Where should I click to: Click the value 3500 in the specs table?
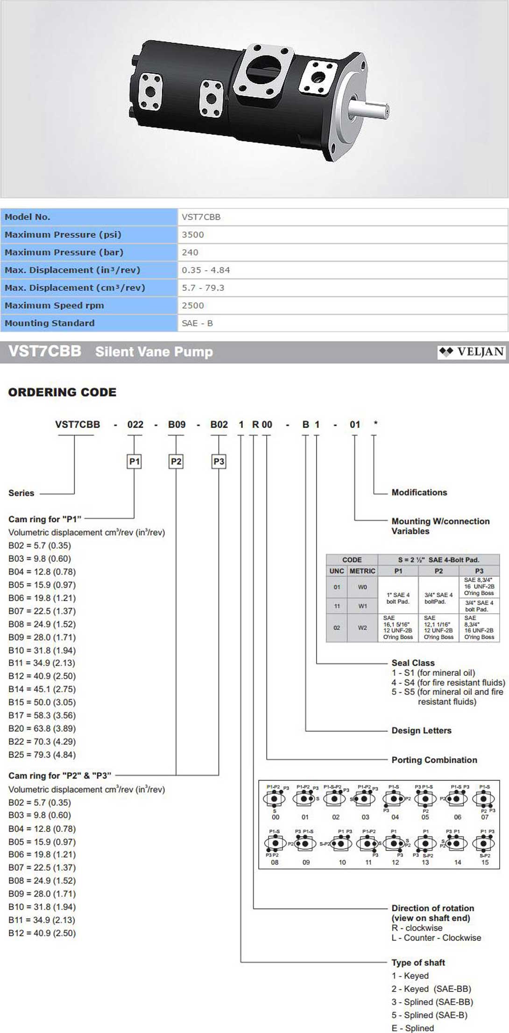(x=193, y=235)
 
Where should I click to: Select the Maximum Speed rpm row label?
(x=54, y=306)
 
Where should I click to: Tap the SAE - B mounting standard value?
(x=197, y=323)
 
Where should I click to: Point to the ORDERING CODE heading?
(x=62, y=392)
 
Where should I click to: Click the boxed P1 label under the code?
(x=134, y=462)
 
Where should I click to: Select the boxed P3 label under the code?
(x=219, y=462)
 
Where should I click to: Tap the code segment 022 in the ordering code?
(x=135, y=424)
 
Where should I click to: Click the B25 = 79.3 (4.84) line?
(x=42, y=755)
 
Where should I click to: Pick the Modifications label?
(x=419, y=492)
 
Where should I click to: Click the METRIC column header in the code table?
(x=362, y=571)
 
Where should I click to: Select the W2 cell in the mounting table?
(x=362, y=628)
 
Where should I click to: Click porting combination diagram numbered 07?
(x=484, y=800)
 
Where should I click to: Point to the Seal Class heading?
(x=413, y=663)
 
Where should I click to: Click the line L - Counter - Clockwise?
(x=436, y=938)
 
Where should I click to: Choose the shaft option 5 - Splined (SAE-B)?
(x=429, y=1015)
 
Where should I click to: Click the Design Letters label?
(x=421, y=731)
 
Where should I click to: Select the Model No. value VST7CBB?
(x=201, y=217)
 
